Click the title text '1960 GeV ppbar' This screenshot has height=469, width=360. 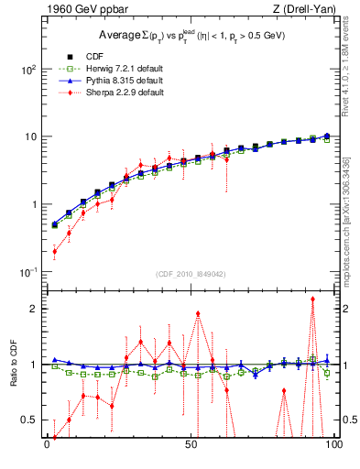pos(76,10)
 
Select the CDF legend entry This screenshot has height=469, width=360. pos(94,54)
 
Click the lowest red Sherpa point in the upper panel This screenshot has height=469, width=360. pos(54,251)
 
